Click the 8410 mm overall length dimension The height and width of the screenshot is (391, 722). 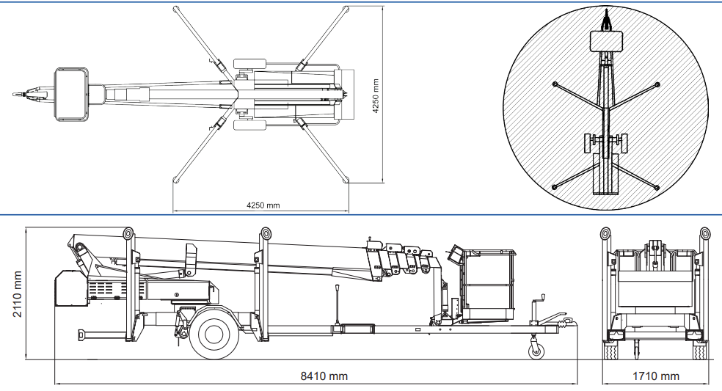(324, 376)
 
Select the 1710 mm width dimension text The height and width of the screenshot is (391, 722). (655, 376)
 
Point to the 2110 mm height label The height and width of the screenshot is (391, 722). (17, 293)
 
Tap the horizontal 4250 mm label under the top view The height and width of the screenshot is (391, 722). (263, 205)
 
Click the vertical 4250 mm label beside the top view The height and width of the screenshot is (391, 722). (376, 96)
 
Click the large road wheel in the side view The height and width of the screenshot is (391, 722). (214, 334)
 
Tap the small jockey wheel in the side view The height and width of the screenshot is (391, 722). (537, 351)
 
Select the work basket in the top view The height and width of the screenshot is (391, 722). (71, 93)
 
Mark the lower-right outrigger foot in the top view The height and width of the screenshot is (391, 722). (345, 178)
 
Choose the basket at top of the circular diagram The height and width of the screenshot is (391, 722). (606, 41)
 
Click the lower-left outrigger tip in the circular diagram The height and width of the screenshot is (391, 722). (555, 188)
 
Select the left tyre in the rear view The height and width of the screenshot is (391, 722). (610, 351)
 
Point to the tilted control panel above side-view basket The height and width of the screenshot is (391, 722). (455, 255)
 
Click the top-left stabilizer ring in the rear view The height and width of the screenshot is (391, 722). (606, 234)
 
